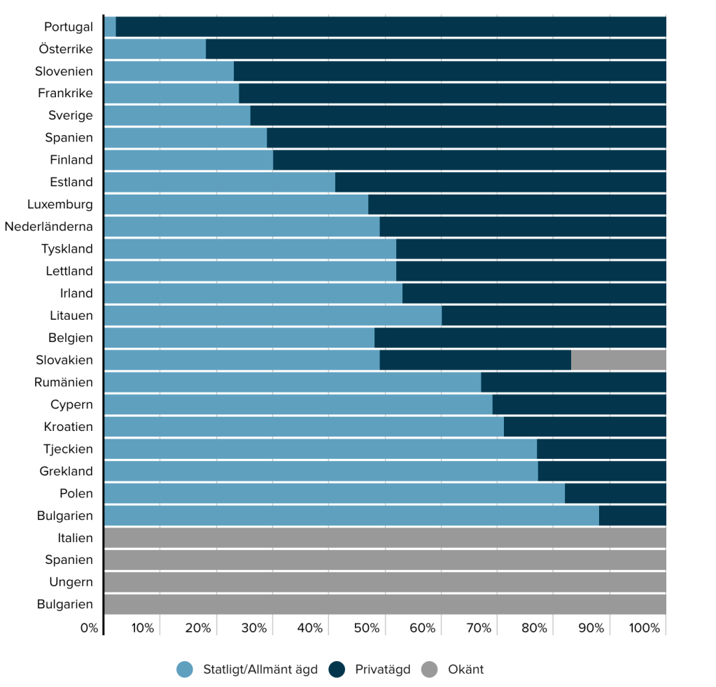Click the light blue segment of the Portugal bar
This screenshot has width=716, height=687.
point(110,27)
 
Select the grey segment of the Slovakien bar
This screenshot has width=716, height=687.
point(618,360)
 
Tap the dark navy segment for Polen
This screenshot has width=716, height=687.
point(615,493)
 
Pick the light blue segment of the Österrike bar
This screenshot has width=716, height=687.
point(155,49)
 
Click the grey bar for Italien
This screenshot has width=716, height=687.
point(384,538)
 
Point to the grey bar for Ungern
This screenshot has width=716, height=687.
point(384,582)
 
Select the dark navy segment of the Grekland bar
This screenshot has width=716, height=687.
point(601,471)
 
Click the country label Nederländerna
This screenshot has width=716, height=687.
point(49,227)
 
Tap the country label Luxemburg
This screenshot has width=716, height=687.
point(60,204)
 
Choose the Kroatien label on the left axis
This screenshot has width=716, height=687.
point(69,427)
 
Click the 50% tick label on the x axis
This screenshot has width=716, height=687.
point(366,628)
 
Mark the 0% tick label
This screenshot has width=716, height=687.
point(89,628)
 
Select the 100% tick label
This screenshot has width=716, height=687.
point(645,628)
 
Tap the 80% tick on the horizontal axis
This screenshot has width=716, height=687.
point(534,628)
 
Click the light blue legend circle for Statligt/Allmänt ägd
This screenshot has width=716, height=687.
point(185,670)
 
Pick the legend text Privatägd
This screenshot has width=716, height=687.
point(383,670)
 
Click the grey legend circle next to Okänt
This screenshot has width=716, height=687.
point(430,670)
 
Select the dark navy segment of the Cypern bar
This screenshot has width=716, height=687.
point(579,404)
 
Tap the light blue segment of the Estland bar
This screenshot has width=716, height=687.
point(219,182)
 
